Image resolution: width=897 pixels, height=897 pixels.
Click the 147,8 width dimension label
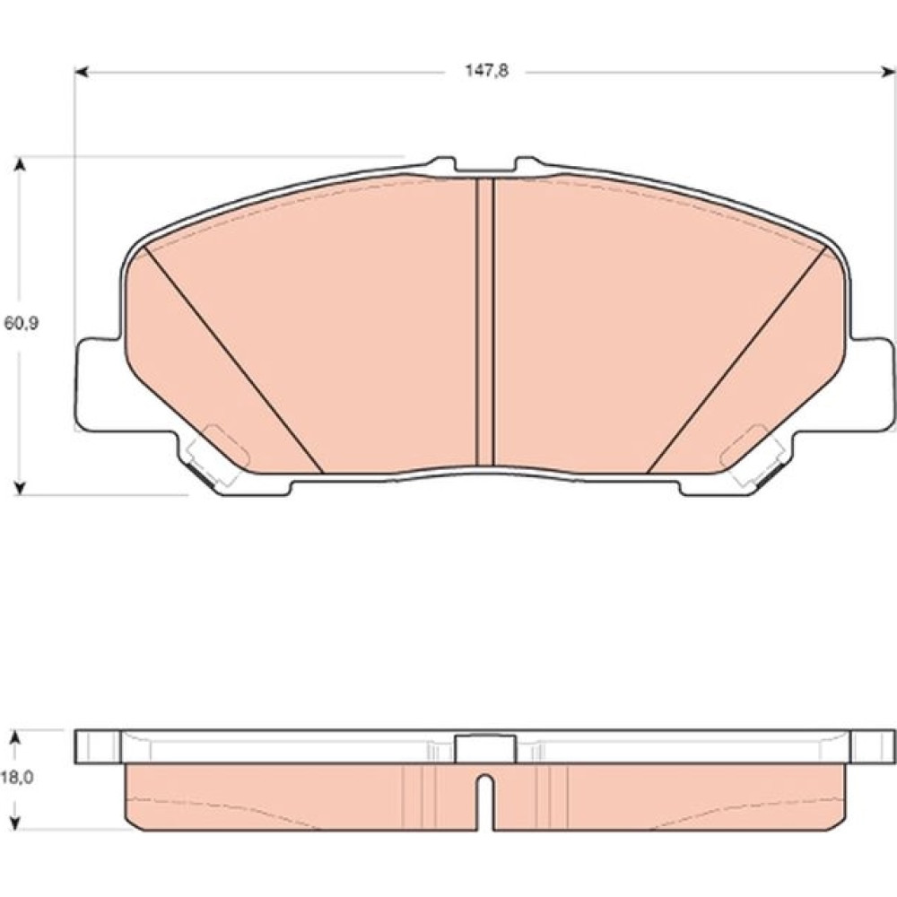485,72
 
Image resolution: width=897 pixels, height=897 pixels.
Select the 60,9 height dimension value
22,323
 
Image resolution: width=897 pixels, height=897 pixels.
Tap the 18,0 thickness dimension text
16,778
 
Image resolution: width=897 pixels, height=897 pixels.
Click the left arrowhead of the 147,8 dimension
82,72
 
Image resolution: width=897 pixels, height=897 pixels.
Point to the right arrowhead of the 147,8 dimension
889,72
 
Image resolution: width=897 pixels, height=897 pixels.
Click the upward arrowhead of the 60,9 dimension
20,164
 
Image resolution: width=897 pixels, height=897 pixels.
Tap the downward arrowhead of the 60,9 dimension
20,487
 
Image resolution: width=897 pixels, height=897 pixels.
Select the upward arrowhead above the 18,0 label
16,738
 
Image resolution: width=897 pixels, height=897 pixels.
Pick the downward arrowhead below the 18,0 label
16,822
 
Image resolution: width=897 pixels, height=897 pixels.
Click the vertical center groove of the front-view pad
484,322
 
